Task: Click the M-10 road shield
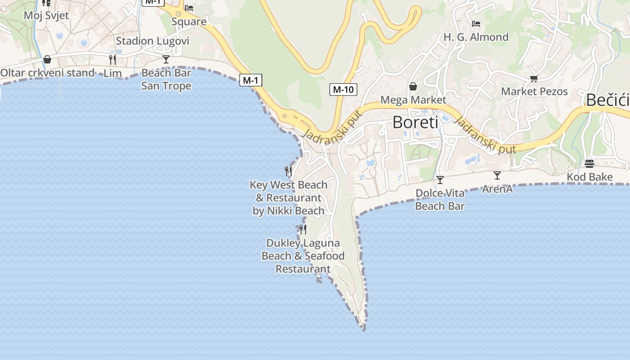tap(343, 90)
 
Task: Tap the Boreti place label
tap(415, 122)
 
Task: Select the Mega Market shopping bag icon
tap(413, 86)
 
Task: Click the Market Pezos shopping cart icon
tap(534, 79)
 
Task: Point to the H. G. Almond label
tap(476, 37)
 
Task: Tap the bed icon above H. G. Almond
tap(476, 23)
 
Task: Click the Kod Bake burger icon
tap(589, 163)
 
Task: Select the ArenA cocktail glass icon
tap(497, 175)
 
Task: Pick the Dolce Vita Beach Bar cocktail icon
tap(440, 180)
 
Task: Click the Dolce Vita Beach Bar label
tap(440, 200)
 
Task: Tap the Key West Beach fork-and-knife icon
tap(288, 171)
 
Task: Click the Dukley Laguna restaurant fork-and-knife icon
tap(303, 229)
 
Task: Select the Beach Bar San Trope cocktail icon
tap(166, 59)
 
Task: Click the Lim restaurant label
tap(112, 73)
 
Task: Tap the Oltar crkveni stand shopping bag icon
tap(47, 59)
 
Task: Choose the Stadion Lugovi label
tap(153, 41)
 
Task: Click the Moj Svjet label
tap(46, 15)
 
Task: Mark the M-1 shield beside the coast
tap(250, 81)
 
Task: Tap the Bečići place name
tap(607, 100)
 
